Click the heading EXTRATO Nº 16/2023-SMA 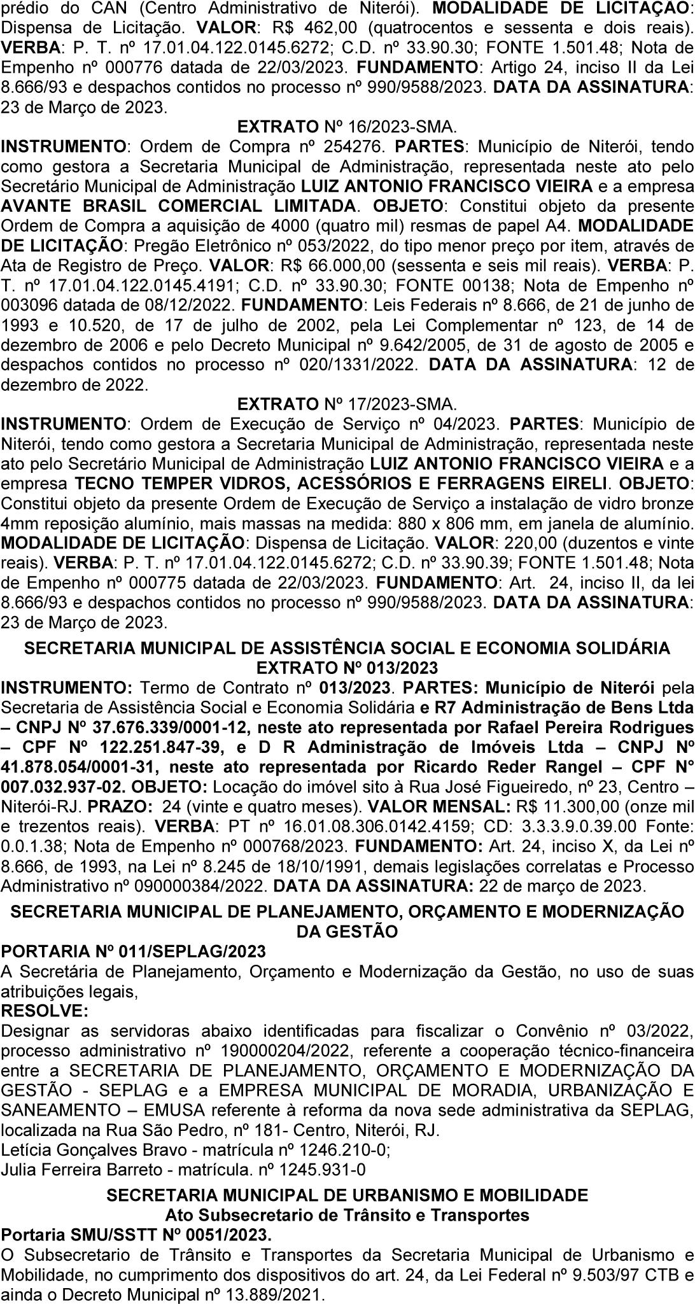pos(346,126)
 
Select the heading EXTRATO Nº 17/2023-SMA pos(346,403)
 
